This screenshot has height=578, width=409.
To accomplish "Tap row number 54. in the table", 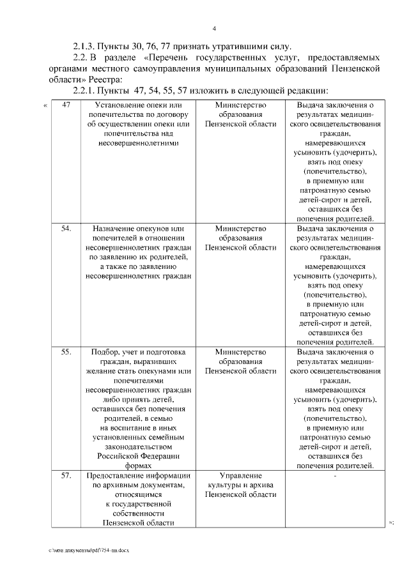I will [x=66, y=227].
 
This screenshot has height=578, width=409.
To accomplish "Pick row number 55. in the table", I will [x=66, y=351].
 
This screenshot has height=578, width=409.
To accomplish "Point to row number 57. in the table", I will [x=66, y=475].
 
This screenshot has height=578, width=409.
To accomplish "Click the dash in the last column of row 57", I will [x=334, y=476].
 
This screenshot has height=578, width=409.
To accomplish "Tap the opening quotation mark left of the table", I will [x=45, y=105].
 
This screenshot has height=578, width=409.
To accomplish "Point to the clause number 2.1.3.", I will [x=83, y=47].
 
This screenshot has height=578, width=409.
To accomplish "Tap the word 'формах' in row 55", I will [x=138, y=466].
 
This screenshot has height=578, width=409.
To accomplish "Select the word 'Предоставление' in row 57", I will [x=114, y=475].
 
